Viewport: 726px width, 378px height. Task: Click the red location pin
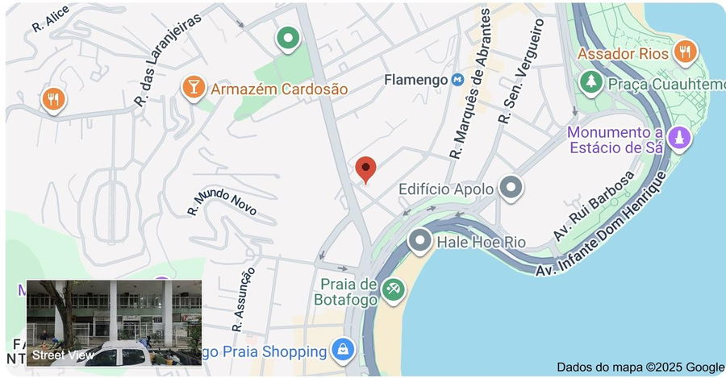pos(366,169)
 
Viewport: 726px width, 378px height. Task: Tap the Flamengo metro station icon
pos(457,80)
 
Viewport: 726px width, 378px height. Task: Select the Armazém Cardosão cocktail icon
pos(193,87)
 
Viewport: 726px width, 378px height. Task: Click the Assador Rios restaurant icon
pos(685,52)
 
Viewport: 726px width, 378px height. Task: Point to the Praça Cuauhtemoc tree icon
pos(592,82)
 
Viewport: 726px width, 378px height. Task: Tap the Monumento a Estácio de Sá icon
pos(679,138)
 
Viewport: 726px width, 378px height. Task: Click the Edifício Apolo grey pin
pos(511,188)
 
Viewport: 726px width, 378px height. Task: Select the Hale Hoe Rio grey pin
pos(419,240)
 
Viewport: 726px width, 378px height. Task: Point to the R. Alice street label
pos(50,21)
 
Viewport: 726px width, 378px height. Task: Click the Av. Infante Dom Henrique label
pos(605,226)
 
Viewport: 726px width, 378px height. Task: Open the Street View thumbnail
pos(114,323)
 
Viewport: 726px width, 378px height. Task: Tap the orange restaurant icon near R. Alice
pos(53,99)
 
